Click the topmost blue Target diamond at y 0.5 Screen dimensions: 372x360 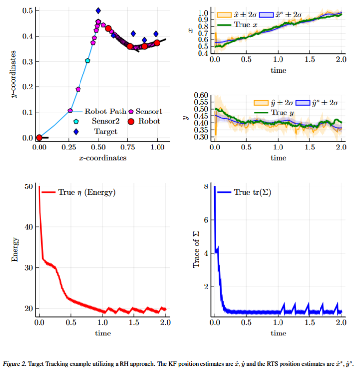point(98,10)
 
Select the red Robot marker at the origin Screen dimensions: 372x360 point(39,138)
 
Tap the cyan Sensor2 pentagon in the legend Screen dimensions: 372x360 point(76,121)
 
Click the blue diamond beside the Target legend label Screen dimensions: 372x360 point(76,131)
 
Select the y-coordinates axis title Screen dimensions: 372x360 point(14,74)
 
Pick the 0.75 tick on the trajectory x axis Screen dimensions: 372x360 point(128,147)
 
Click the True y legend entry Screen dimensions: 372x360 point(270,112)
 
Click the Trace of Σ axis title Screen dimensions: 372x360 point(196,249)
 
